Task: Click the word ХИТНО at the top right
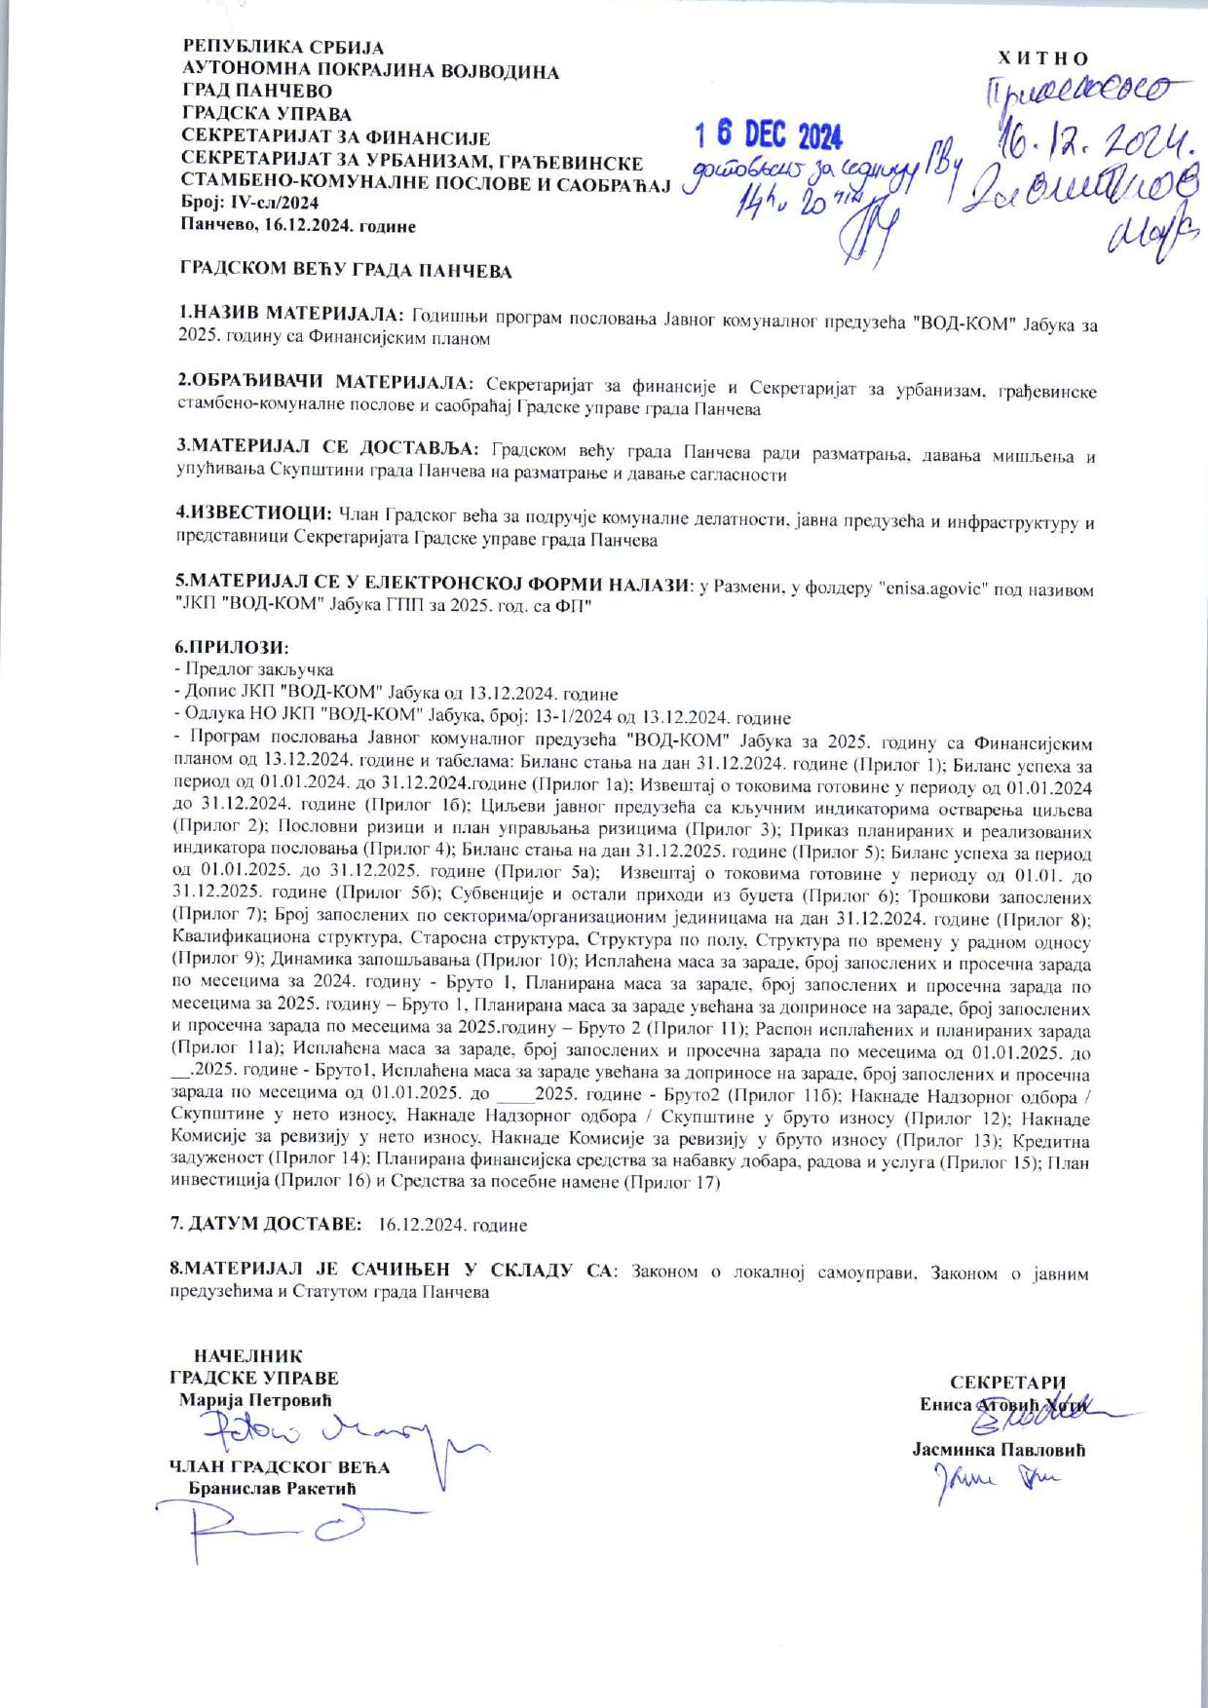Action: point(1043,58)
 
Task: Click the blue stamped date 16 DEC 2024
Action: point(768,135)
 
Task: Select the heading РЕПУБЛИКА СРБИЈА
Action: point(283,47)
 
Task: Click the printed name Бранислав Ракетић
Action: point(272,1489)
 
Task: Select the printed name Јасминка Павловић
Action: point(999,1449)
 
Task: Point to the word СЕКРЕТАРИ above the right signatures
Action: point(1007,1382)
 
